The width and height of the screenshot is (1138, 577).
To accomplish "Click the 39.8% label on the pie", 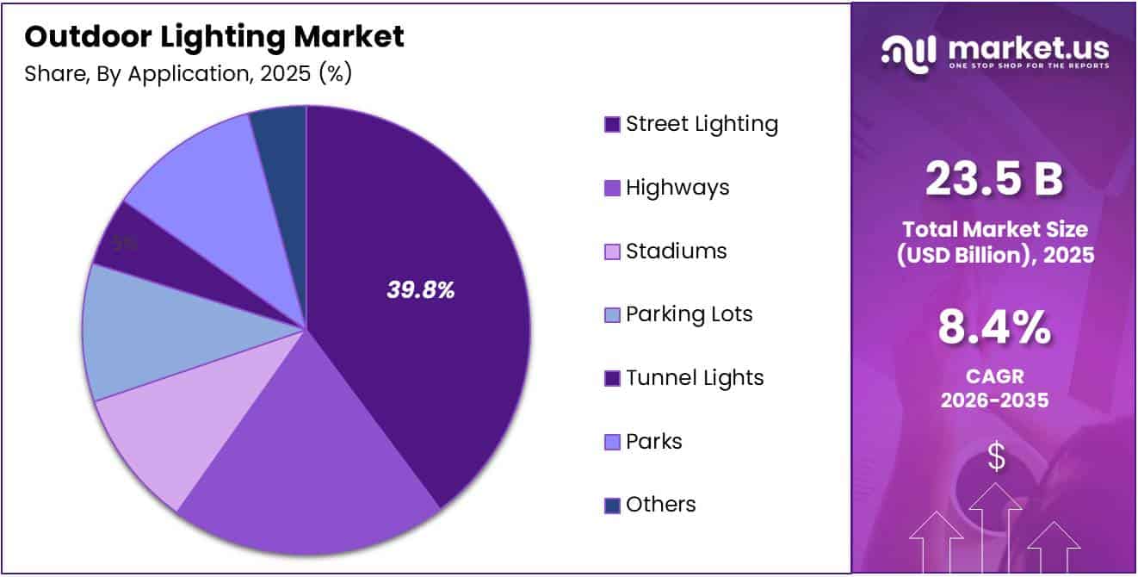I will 420,291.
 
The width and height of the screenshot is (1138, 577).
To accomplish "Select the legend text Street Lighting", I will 702,124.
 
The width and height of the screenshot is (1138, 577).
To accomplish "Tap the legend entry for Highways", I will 677,188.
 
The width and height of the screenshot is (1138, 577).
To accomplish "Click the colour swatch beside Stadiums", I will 612,252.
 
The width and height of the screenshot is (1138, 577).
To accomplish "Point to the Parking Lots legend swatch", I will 612,315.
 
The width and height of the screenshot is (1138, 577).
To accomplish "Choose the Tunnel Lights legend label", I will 695,378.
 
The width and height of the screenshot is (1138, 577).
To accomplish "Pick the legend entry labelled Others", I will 660,505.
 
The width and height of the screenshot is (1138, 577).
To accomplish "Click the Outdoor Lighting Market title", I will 214,36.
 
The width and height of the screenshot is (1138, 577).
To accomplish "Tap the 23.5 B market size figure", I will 994,179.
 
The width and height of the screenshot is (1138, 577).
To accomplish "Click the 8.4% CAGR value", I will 994,328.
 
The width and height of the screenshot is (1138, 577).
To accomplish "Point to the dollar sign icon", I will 996,456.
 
